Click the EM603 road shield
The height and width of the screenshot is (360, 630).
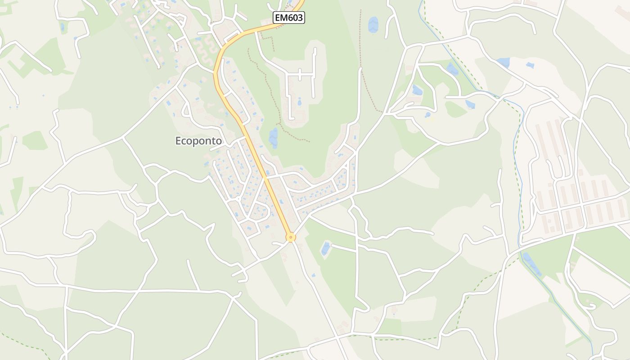pyautogui.click(x=289, y=18)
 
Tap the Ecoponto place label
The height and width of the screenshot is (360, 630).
pyautogui.click(x=198, y=141)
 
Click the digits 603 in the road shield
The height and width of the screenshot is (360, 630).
pyautogui.click(x=295, y=18)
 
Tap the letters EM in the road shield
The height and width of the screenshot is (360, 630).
pyautogui.click(x=281, y=18)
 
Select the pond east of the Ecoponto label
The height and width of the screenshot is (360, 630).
pyautogui.click(x=273, y=137)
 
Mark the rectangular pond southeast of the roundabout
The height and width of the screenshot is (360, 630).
pyautogui.click(x=325, y=248)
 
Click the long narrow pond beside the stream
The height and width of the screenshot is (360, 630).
pyautogui.click(x=532, y=264)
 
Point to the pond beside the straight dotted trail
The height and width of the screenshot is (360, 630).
pyautogui.click(x=373, y=25)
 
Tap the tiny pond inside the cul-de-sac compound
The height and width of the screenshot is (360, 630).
pyautogui.click(x=299, y=102)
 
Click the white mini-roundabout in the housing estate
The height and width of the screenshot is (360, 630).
pyautogui.click(x=238, y=198)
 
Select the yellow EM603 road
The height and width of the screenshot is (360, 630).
pyautogui.click(x=252, y=144)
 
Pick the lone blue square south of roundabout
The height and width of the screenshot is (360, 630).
pyautogui.click(x=313, y=275)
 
